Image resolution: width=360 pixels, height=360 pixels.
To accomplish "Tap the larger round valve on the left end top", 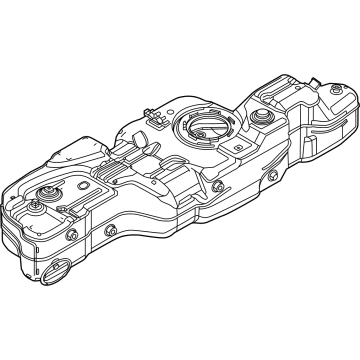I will [46, 194].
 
